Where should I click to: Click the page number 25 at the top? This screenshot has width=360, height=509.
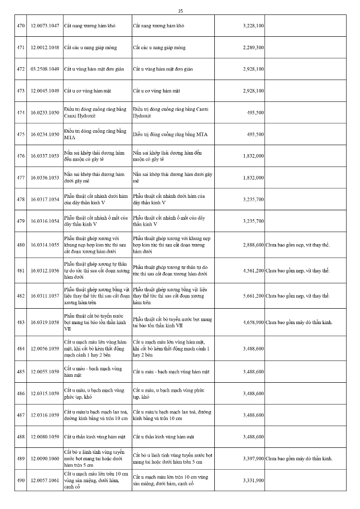pyautogui.click(x=180, y=11)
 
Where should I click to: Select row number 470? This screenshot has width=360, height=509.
pyautogui.click(x=20, y=25)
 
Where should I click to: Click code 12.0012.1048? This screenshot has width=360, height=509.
pyautogui.click(x=45, y=47)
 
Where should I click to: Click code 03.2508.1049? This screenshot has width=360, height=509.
pyautogui.click(x=45, y=69)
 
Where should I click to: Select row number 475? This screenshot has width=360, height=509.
pyautogui.click(x=20, y=134)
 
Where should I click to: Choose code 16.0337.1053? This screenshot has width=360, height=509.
pyautogui.click(x=45, y=156)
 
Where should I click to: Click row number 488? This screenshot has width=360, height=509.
pyautogui.click(x=20, y=436)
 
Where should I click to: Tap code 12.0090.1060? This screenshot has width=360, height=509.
pyautogui.click(x=45, y=458)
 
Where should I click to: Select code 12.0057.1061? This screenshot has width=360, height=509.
pyautogui.click(x=45, y=481)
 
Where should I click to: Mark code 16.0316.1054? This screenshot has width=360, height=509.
pyautogui.click(x=45, y=221)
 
